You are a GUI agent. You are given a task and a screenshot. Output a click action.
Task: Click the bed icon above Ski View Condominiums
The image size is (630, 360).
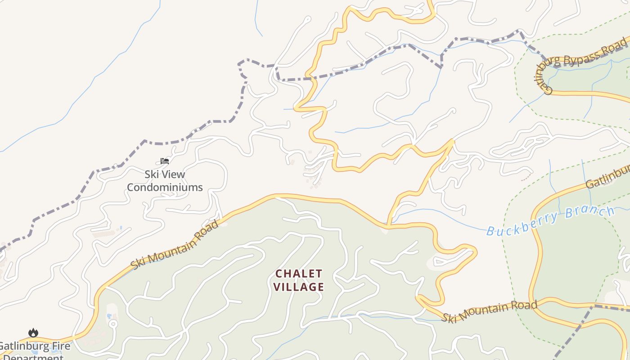[x=165, y=161]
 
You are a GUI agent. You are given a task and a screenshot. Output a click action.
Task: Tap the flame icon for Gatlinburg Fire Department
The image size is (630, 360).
[x=33, y=333]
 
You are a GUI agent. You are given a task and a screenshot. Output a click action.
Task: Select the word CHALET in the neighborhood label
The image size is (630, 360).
[x=299, y=274]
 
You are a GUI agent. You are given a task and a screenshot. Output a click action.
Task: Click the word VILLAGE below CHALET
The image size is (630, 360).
[x=299, y=287]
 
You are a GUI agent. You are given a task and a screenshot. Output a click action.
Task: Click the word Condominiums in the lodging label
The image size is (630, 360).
[x=165, y=187]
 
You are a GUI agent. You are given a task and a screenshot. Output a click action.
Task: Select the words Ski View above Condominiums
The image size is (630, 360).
[x=165, y=174]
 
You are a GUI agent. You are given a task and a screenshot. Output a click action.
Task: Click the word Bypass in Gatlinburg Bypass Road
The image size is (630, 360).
[x=583, y=58]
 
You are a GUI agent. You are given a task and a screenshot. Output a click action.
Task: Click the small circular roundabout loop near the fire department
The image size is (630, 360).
[x=113, y=324]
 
